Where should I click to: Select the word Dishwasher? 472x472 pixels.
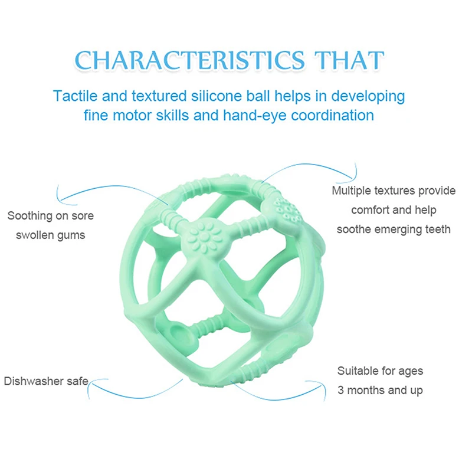(x=34, y=381)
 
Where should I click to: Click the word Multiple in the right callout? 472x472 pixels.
(x=352, y=191)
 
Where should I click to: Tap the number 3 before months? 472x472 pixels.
(x=340, y=390)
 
